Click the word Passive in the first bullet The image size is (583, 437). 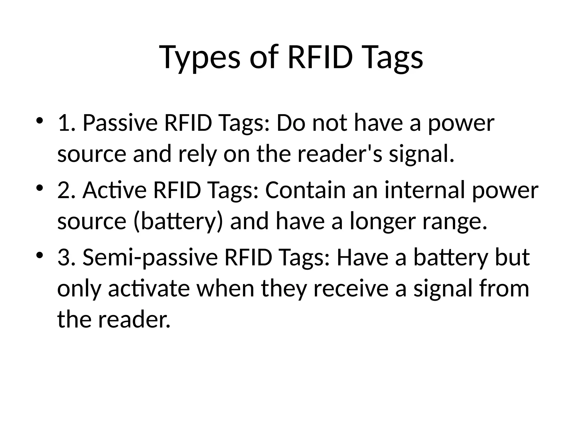pyautogui.click(x=120, y=123)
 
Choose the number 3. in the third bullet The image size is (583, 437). pyautogui.click(x=67, y=257)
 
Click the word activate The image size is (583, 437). pyautogui.click(x=149, y=288)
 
